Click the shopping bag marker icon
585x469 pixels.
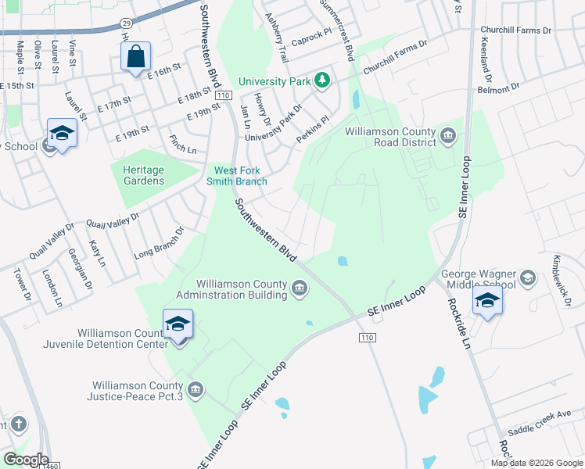click(x=136, y=57)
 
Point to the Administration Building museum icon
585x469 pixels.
click(x=299, y=291)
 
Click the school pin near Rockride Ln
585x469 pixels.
click(x=487, y=301)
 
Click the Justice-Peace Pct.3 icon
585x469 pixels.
click(x=196, y=388)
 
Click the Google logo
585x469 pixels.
click(x=25, y=460)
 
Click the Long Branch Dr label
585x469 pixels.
click(x=158, y=243)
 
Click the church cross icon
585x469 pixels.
click(x=18, y=424)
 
